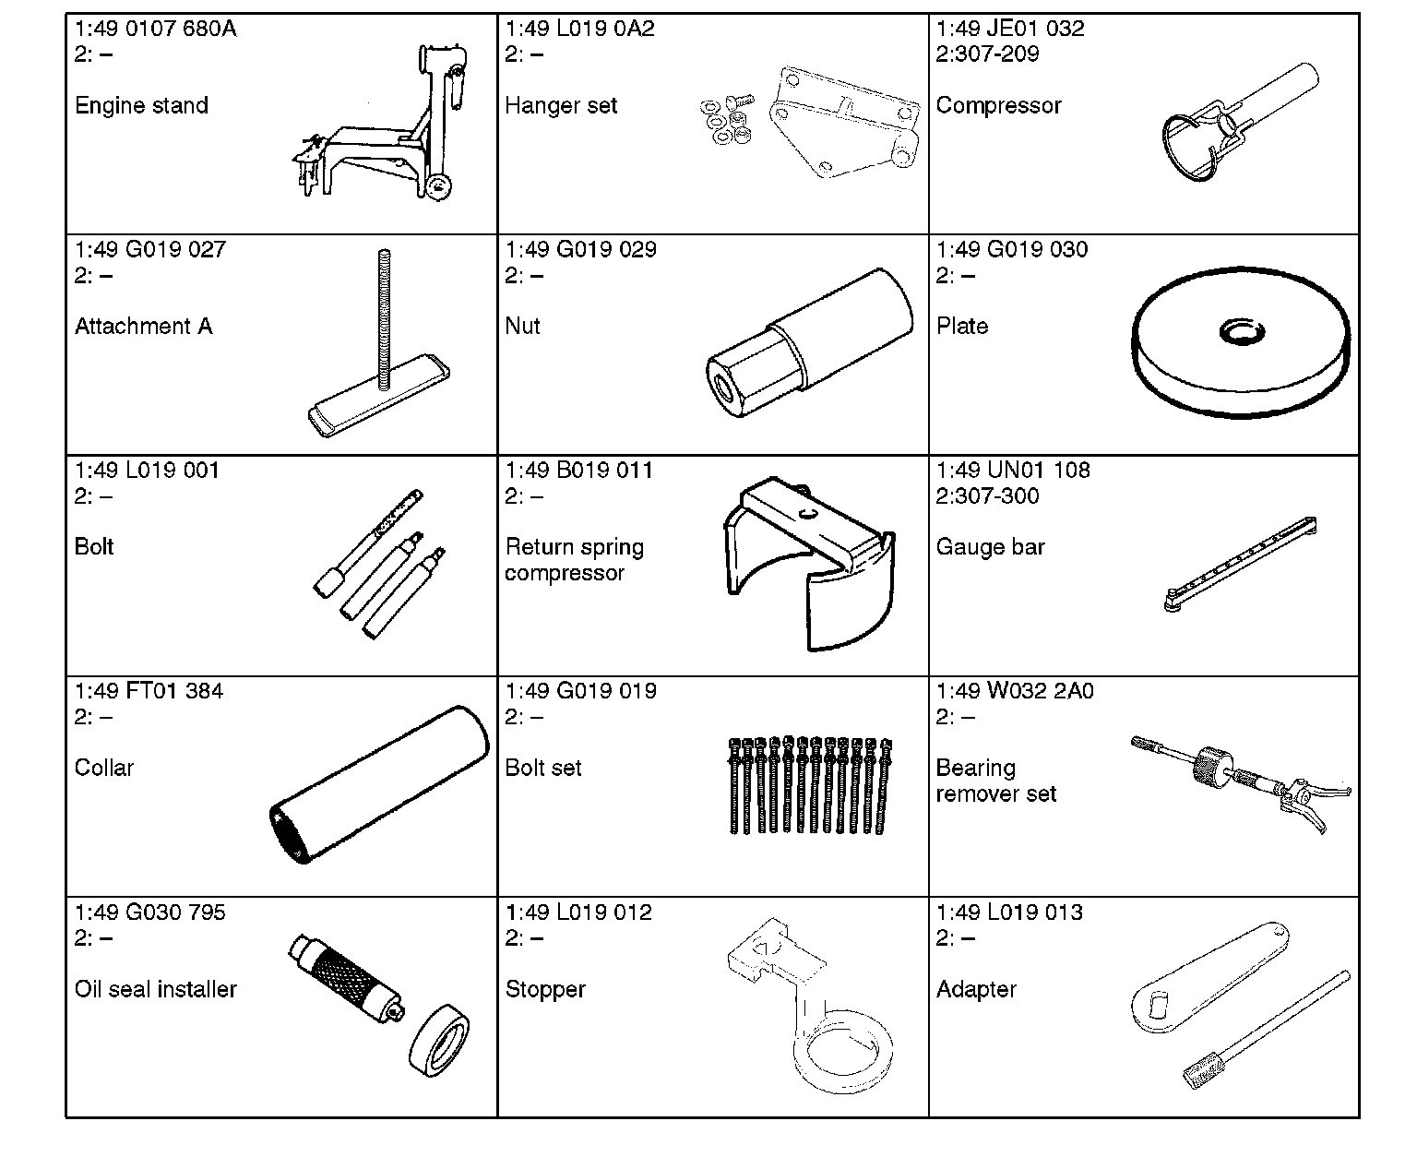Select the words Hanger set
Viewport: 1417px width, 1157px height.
pyautogui.click(x=560, y=105)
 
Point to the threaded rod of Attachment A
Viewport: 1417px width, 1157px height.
pyautogui.click(x=384, y=319)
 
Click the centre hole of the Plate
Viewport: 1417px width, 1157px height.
pyautogui.click(x=1242, y=332)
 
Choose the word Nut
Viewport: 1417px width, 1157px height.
pyautogui.click(x=522, y=326)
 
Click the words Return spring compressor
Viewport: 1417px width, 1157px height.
pyautogui.click(x=574, y=560)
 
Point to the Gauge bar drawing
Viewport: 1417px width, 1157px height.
pyautogui.click(x=1240, y=565)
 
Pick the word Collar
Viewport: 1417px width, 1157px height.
pyautogui.click(x=104, y=768)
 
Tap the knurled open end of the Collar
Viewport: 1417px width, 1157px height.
pyautogui.click(x=288, y=834)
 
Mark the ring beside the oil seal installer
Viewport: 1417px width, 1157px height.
pyautogui.click(x=439, y=1041)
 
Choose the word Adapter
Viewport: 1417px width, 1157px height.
pyautogui.click(x=976, y=989)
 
